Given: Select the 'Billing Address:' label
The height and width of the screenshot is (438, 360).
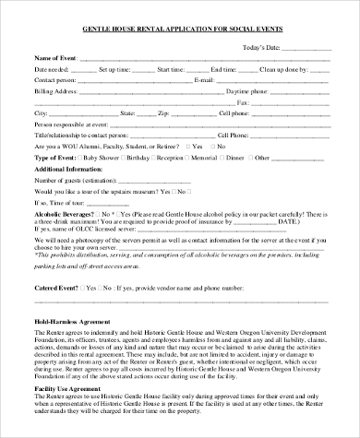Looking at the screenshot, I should [x=56, y=91].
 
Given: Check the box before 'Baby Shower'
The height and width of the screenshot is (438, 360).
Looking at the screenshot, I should [x=80, y=157].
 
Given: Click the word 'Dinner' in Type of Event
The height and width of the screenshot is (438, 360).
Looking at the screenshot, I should [x=261, y=157].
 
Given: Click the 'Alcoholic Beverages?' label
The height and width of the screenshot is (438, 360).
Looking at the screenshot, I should [x=65, y=212].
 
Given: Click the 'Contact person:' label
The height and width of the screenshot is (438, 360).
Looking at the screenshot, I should [x=55, y=80].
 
